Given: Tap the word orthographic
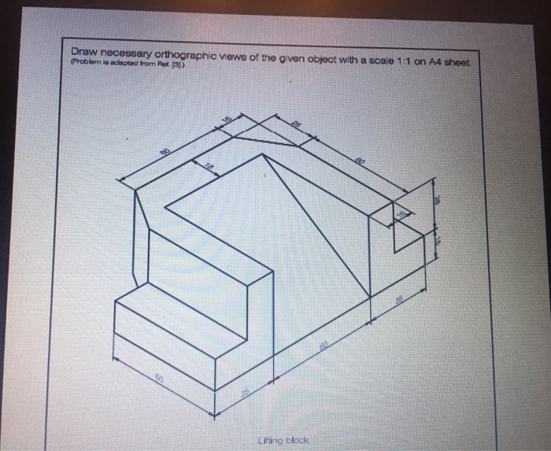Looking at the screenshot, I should [192, 54].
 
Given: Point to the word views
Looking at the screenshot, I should [246, 54].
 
